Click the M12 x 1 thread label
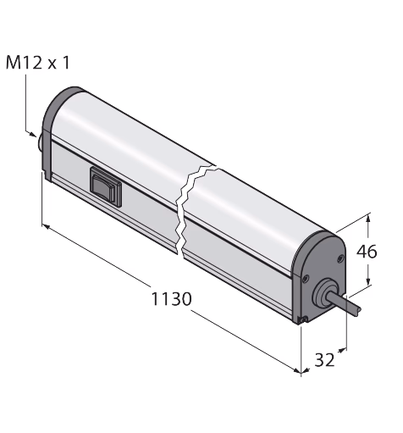pyautogui.click(x=37, y=63)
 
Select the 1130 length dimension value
pyautogui.click(x=171, y=299)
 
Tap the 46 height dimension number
pyautogui.click(x=367, y=252)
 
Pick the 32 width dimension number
pyautogui.click(x=324, y=360)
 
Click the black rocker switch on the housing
pyautogui.click(x=106, y=187)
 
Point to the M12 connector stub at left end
pyautogui.click(x=41, y=143)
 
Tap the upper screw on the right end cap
pyautogui.click(x=341, y=258)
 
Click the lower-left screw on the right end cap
pyautogui.click(x=305, y=279)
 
